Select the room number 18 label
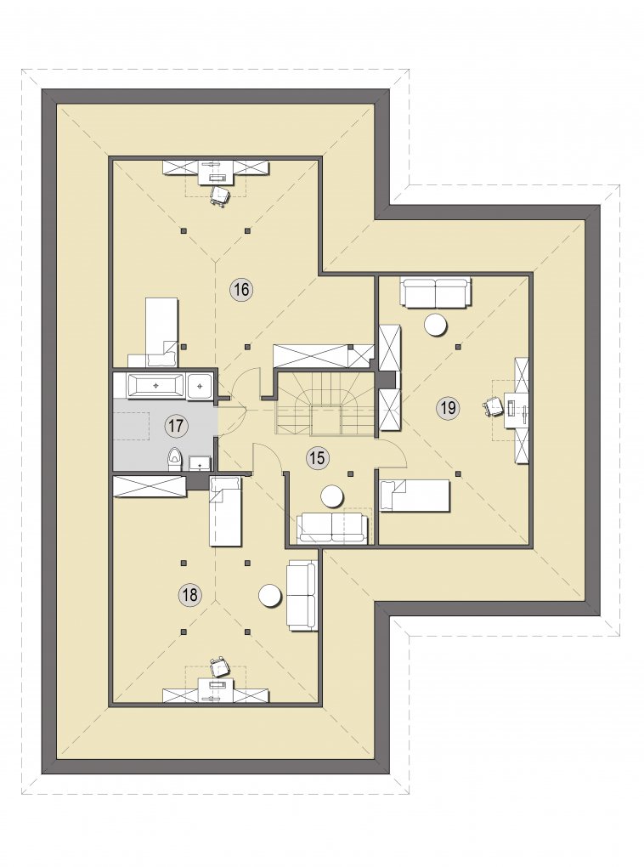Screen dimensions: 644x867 click(189, 595)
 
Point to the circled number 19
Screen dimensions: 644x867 click(448, 408)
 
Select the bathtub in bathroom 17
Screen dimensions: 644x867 click(156, 385)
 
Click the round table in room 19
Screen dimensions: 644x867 click(435, 325)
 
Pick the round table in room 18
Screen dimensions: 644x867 click(271, 596)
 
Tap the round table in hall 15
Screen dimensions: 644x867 click(333, 496)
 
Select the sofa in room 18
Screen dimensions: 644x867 click(302, 595)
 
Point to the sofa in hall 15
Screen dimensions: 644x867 click(332, 528)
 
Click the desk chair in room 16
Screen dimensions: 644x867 click(219, 195)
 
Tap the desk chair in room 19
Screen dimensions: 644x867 click(494, 406)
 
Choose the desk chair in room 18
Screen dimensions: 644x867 click(219, 666)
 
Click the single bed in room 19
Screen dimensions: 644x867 click(415, 496)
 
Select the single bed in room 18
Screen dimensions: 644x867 click(225, 512)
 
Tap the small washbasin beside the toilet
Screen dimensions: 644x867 click(199, 462)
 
